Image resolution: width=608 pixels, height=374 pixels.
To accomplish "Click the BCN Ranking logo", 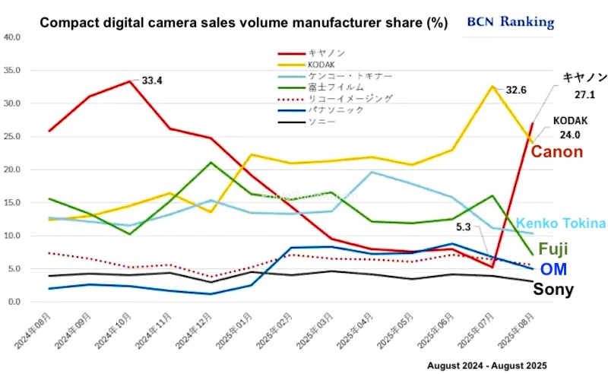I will coord(509,21).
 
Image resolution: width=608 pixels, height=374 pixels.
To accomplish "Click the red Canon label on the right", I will coord(557,152).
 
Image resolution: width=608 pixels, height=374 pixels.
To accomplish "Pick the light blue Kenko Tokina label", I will coord(561,223).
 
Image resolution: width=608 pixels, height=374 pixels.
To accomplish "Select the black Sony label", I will coord(553,288).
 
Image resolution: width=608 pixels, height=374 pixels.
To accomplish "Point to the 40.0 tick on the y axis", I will coord(11,36).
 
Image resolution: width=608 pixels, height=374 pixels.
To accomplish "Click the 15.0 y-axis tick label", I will coord(11,202).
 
